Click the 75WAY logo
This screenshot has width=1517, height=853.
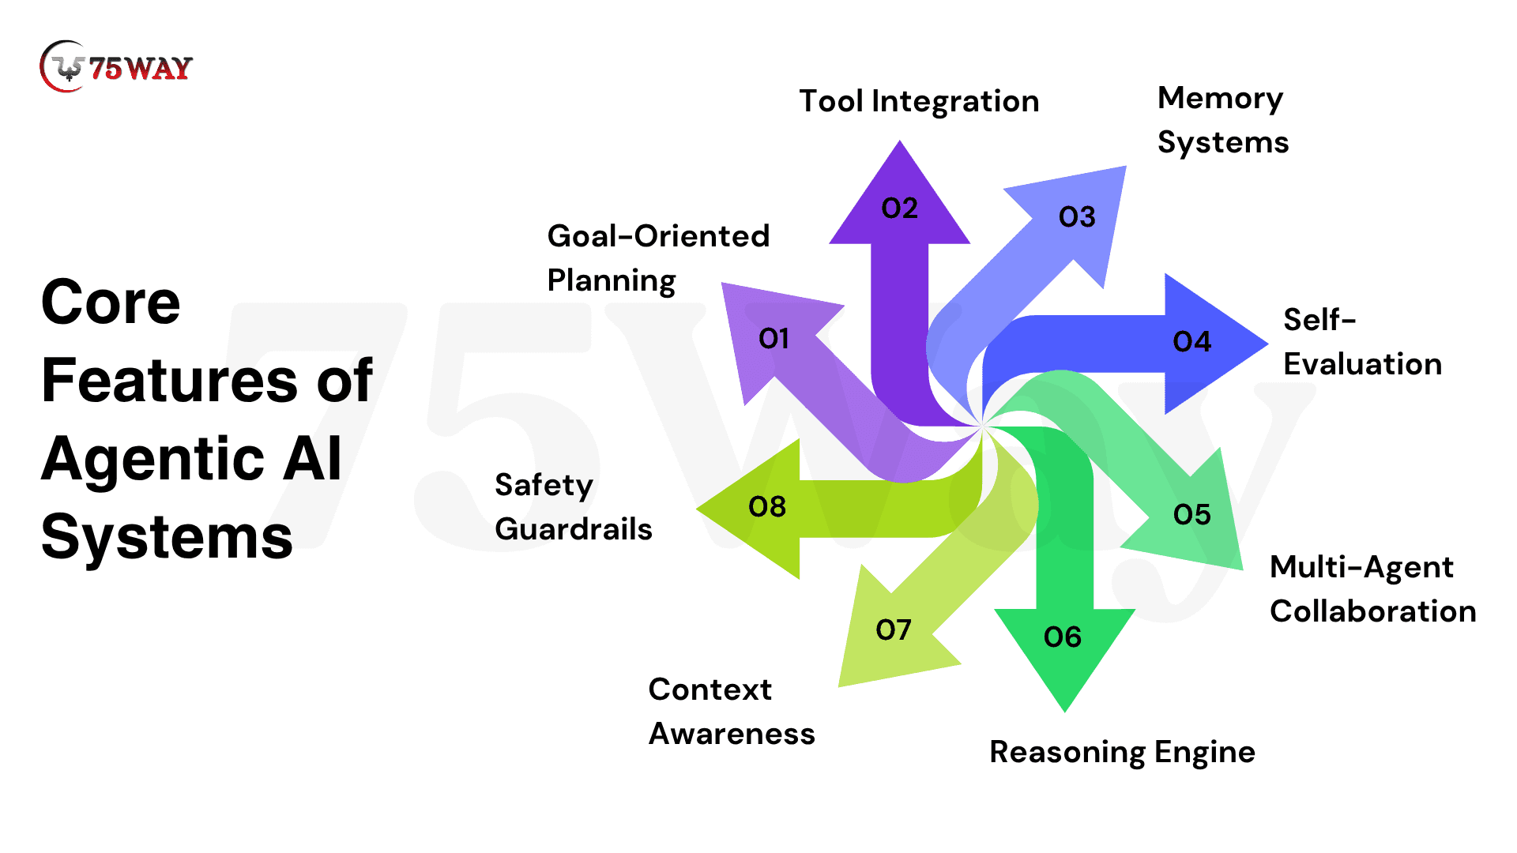click(116, 67)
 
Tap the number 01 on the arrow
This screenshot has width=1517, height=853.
click(774, 339)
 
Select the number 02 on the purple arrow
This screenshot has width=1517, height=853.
click(899, 209)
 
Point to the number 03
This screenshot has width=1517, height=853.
click(1077, 217)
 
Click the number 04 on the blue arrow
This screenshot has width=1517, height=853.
click(1191, 342)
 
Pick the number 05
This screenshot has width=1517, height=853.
click(1191, 515)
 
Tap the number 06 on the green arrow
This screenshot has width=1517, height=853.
click(1062, 637)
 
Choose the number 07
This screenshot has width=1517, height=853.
click(894, 630)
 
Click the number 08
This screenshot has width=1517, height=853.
click(766, 507)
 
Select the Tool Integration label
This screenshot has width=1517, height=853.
click(919, 102)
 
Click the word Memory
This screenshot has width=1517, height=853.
click(1220, 100)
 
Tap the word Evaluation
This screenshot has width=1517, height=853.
click(1362, 364)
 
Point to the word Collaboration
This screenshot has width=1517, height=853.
click(1372, 611)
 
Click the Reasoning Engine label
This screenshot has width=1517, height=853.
click(1122, 752)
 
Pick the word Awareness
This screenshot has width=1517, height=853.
click(732, 734)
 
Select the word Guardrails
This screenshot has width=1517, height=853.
click(574, 529)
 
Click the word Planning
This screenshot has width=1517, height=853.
click(611, 281)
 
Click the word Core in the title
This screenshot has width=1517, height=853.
click(111, 302)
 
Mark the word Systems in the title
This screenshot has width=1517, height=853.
click(167, 538)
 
